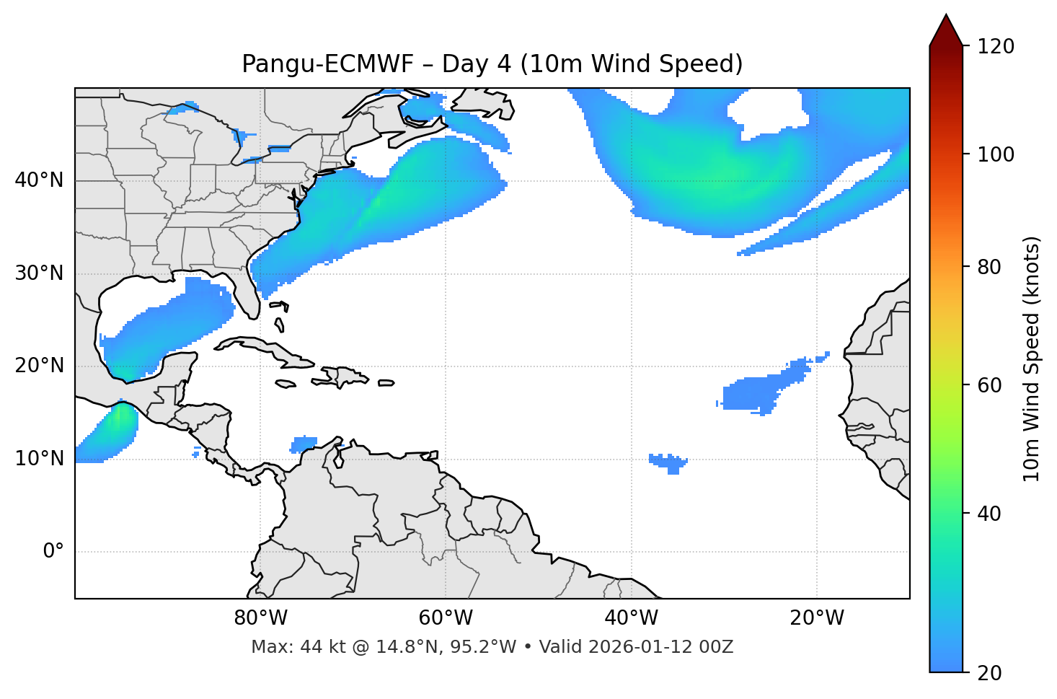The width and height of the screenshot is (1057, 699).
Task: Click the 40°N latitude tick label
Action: pyautogui.click(x=39, y=180)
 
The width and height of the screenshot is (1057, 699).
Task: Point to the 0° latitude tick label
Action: pyautogui.click(x=53, y=552)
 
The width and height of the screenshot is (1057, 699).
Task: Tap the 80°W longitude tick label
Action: pyautogui.click(x=260, y=618)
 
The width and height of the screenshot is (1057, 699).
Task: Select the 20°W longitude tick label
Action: pyautogui.click(x=817, y=618)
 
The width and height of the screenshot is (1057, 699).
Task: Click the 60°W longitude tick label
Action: pyautogui.click(x=446, y=618)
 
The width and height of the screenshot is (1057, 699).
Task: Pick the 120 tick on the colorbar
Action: pyautogui.click(x=996, y=46)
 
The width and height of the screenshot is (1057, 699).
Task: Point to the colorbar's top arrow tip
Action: pyautogui.click(x=946, y=14)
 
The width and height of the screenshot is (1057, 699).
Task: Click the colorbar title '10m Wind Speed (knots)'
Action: pyautogui.click(x=1032, y=359)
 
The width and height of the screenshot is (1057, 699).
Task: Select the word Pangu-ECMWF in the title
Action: pyautogui.click(x=327, y=64)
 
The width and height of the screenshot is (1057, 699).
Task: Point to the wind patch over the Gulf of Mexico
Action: pyautogui.click(x=169, y=328)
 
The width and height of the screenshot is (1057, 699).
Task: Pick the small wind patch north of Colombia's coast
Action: pyautogui.click(x=304, y=444)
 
